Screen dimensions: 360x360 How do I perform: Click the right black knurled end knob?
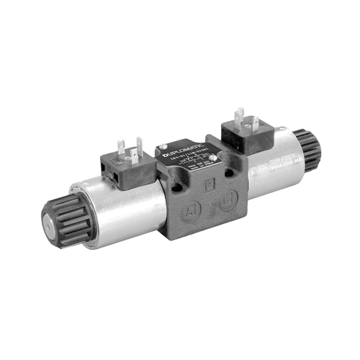(x=309, y=150)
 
